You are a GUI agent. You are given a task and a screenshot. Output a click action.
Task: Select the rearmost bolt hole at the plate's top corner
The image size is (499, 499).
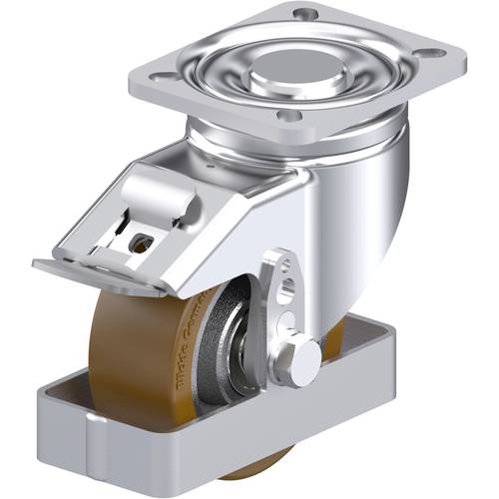tap(306, 14)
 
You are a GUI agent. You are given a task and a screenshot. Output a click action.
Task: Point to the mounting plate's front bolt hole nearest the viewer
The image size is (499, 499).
tap(289, 117)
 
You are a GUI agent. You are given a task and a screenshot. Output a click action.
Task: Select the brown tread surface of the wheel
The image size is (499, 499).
tap(120, 339)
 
